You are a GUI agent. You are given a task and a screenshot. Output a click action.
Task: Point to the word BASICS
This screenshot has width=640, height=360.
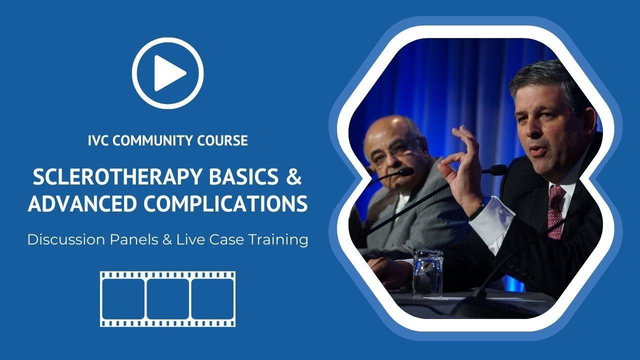243,177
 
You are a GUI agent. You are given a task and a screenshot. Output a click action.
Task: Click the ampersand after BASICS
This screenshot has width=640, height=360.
293,177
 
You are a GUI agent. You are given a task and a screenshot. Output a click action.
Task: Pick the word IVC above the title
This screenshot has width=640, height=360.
98,140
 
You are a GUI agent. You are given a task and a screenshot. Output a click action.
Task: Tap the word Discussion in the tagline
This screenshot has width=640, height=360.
66,239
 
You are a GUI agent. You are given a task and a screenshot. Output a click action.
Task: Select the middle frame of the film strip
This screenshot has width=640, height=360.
167,299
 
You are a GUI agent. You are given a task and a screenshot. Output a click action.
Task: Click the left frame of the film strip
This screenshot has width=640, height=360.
123,299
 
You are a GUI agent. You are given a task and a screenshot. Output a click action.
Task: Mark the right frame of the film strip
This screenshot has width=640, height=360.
212,299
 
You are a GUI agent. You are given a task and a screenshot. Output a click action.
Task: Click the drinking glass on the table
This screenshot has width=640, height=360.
427,273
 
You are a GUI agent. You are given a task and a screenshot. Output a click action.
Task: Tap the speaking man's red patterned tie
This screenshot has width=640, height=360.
555,211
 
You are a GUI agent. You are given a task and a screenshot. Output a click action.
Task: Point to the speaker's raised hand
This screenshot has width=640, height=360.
460,171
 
